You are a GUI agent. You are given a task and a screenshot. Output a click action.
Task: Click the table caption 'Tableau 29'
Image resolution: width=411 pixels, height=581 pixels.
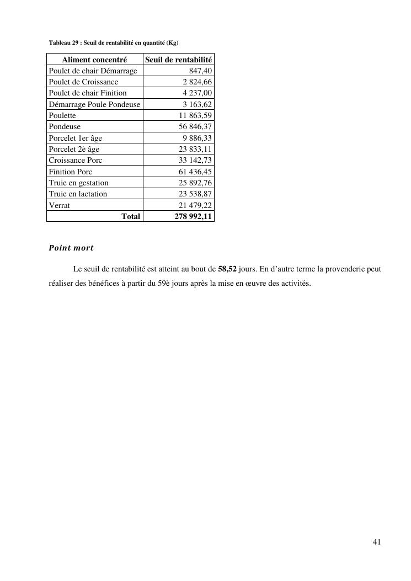113,42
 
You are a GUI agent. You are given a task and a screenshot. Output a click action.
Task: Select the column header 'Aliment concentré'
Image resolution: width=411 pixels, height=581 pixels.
94,60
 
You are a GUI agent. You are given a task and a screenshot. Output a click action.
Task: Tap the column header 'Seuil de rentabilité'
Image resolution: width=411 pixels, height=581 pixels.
178,60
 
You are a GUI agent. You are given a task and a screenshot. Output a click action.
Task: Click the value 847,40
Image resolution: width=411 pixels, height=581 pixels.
200,71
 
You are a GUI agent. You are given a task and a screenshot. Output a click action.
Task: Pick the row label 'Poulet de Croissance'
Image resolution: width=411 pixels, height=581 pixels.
83,82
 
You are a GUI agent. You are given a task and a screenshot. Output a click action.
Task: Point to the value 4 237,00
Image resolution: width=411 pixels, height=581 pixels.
198,93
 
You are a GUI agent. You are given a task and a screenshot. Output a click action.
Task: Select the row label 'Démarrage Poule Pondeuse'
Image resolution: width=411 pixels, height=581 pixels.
94,104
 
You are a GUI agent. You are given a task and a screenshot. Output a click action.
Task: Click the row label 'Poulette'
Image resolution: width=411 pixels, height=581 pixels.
62,115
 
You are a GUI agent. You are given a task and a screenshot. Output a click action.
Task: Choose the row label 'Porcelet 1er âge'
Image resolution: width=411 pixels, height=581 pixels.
76,138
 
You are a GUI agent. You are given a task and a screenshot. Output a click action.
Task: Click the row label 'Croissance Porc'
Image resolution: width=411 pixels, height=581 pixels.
76,160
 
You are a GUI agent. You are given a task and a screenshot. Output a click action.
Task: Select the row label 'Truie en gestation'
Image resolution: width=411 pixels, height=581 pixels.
78,183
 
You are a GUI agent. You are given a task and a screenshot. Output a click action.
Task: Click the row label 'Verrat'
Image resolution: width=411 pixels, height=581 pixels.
60,205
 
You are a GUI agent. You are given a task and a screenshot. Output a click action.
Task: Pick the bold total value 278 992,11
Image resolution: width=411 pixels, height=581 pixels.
193,216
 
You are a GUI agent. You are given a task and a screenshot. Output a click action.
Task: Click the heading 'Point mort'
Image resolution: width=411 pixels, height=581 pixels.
71,248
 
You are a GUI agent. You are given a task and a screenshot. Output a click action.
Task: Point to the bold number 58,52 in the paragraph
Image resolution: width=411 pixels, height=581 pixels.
227,269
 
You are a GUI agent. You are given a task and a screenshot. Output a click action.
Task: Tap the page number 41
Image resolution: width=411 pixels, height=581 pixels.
377,542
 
